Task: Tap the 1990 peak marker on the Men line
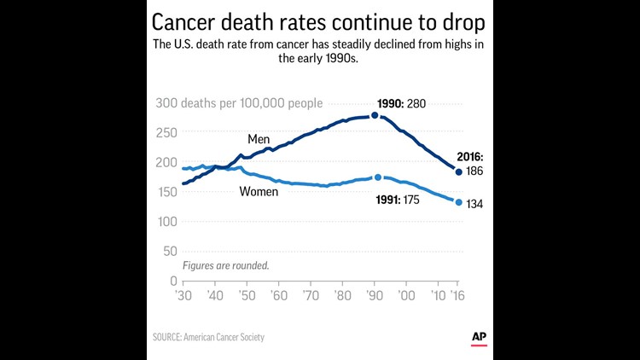(375, 115)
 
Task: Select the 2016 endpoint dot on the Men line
(459, 172)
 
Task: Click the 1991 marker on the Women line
(378, 177)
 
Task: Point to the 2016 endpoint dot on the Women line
(459, 202)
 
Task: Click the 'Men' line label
(259, 138)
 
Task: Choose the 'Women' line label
(259, 191)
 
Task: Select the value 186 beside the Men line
(475, 172)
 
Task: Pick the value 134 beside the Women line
(475, 204)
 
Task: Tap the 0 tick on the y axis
(172, 281)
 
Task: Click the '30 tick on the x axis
(183, 295)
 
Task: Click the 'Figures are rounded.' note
(226, 265)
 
